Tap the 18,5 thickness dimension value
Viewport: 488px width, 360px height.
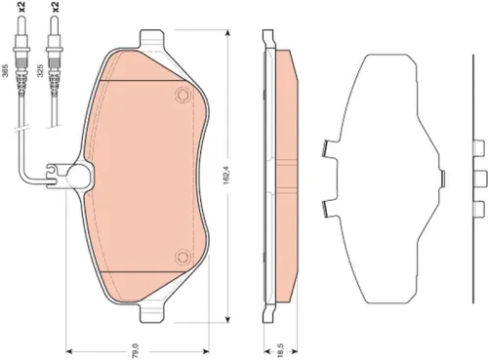point(279,345)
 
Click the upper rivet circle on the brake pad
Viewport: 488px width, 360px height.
point(182,96)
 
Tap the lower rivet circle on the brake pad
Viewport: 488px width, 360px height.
point(182,257)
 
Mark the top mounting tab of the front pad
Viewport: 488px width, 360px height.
point(153,40)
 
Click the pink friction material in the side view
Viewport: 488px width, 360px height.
point(285,176)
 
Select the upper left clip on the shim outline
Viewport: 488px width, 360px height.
point(328,148)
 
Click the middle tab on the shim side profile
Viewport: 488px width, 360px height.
point(478,177)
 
